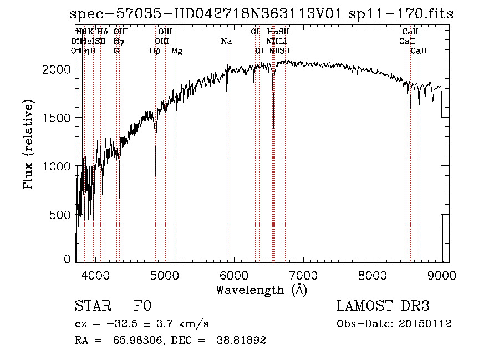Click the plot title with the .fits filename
click(262, 14)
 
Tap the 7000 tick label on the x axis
click(303, 275)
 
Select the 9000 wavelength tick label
click(442, 275)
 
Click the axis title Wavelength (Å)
click(261, 289)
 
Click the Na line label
click(226, 42)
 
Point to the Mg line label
click(177, 51)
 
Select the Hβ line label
click(155, 51)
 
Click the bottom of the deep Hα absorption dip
click(273, 128)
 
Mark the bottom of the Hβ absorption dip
click(155, 175)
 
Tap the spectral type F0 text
click(143, 307)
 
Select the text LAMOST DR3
click(383, 307)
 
